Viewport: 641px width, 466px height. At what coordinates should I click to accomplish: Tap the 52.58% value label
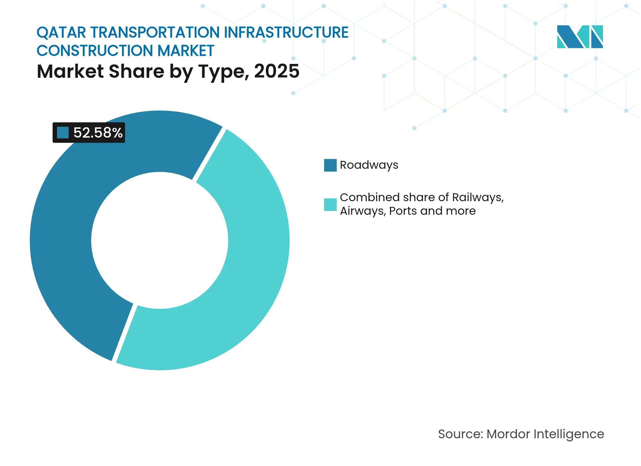point(98,133)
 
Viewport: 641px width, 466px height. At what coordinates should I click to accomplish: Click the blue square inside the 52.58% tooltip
point(63,133)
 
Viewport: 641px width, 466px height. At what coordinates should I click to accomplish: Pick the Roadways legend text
point(369,165)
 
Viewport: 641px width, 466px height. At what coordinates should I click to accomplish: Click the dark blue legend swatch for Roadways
point(330,165)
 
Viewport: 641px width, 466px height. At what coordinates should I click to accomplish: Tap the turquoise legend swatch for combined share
point(330,204)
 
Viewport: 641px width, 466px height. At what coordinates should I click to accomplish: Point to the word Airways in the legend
point(362,211)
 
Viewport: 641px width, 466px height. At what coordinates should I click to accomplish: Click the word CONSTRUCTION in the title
point(95,51)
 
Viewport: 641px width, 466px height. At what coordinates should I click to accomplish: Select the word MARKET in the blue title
point(186,51)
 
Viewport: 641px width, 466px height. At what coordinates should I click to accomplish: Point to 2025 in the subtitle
point(277,71)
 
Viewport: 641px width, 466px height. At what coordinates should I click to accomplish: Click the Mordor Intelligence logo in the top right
point(580,37)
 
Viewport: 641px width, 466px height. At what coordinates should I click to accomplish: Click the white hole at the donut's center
point(160,240)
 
